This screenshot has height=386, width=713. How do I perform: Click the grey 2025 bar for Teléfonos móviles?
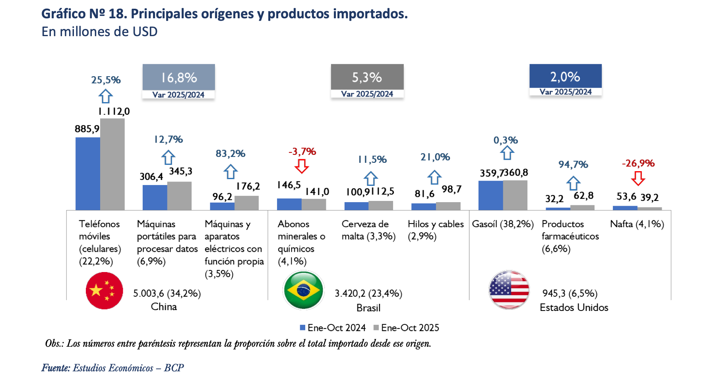(x=112, y=164)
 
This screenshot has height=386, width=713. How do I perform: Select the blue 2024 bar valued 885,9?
(x=87, y=174)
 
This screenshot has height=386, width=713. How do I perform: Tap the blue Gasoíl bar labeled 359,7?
(x=490, y=195)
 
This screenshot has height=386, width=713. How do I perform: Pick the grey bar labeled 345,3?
(x=179, y=196)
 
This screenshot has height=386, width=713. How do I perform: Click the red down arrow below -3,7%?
(x=302, y=166)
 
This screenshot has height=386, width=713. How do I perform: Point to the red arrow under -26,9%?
(x=638, y=178)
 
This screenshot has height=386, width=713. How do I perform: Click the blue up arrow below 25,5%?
(x=106, y=96)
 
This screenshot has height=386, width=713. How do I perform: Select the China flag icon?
(x=105, y=291)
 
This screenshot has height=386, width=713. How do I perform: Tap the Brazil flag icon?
(x=303, y=290)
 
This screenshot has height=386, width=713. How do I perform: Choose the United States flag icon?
(x=509, y=290)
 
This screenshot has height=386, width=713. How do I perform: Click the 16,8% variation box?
(x=178, y=77)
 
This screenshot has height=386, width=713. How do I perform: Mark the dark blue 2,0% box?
(x=565, y=76)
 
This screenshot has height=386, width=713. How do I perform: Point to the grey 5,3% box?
(x=367, y=77)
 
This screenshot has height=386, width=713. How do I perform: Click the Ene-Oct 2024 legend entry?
(x=333, y=328)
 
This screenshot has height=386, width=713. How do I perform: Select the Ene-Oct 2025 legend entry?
(x=406, y=328)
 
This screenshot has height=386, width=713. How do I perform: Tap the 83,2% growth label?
(x=231, y=154)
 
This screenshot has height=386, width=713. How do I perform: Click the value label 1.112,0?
(x=114, y=112)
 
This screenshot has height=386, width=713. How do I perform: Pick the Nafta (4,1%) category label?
(x=637, y=224)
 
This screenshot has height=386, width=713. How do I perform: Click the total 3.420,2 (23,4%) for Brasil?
(x=368, y=293)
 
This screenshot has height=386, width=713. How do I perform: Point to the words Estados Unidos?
(x=574, y=307)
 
